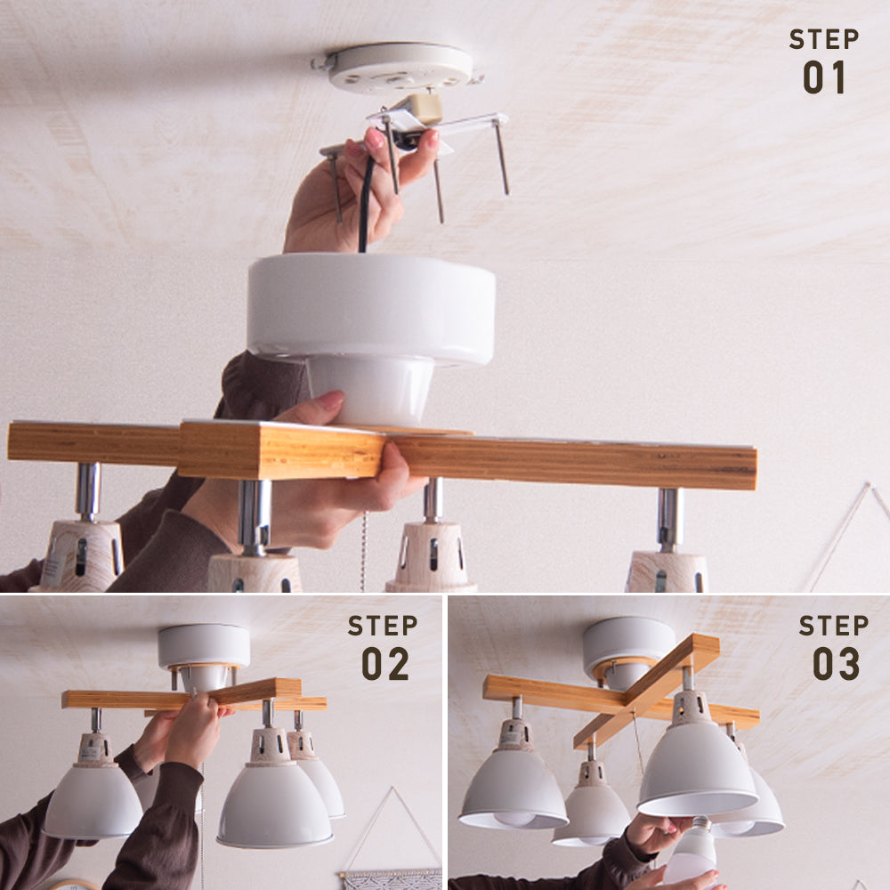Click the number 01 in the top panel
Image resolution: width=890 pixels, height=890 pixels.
823,77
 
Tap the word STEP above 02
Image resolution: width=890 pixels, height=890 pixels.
383,626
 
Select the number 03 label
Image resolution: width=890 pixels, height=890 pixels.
836,664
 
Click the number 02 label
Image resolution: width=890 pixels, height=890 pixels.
384,664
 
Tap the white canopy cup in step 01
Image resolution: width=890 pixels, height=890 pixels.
371,335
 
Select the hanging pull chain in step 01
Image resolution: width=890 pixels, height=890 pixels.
363,551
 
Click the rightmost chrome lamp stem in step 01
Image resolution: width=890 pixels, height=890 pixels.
670,520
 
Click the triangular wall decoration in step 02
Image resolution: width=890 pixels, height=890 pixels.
392,829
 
